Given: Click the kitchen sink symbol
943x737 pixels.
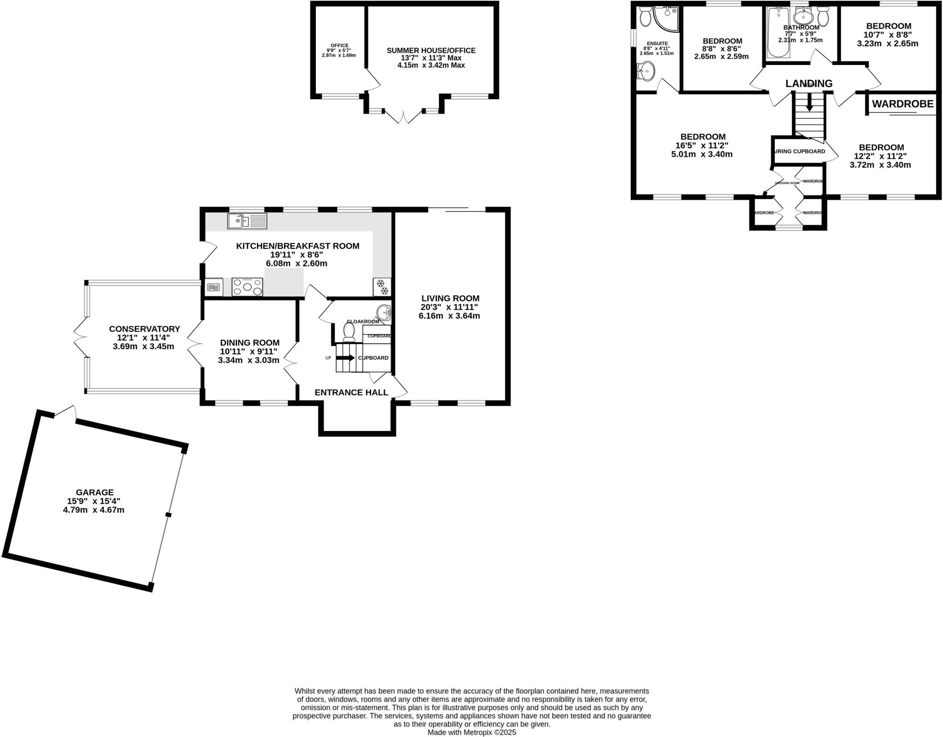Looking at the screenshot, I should [247, 221].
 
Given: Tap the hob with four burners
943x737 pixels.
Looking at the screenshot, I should [247, 287].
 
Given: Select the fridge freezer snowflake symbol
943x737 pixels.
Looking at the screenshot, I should [382, 287].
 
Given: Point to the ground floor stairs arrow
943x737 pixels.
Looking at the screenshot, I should [345, 357].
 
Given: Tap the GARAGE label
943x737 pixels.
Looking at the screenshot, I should [95, 492].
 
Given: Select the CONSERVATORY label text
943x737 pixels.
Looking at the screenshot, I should [144, 329].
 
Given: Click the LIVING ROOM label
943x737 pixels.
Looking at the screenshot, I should [450, 298].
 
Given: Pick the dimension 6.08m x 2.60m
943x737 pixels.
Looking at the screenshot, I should [297, 263].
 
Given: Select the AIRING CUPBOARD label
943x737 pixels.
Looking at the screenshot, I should [800, 151].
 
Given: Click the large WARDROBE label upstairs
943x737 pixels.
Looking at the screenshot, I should [902, 104].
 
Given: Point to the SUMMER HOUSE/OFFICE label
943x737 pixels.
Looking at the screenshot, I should [431, 51].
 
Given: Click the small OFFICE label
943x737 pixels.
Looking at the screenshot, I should [339, 45].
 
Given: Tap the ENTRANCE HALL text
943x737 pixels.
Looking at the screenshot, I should [351, 392].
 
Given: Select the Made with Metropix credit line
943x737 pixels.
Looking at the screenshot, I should [471, 732].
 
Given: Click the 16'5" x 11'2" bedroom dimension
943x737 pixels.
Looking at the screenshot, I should [702, 146].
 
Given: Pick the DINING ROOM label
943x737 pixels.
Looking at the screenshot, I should [250, 343].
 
